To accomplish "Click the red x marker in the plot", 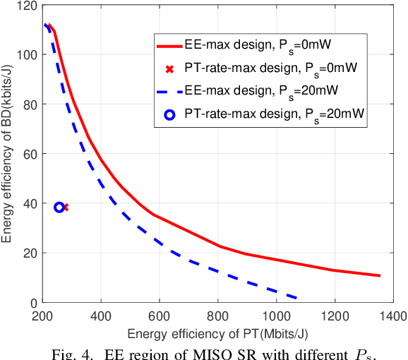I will pos(66,208).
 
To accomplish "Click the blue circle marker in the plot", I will pos(59,208).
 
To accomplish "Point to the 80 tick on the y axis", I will pos(30,104).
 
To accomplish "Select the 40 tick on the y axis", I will pos(30,203).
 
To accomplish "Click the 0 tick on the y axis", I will pos(33,303).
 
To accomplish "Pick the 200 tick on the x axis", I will pos(43,315).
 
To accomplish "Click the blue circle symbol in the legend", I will pos(169,114).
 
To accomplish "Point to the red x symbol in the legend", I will pos(169,68).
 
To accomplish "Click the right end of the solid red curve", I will pos(380,276).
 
